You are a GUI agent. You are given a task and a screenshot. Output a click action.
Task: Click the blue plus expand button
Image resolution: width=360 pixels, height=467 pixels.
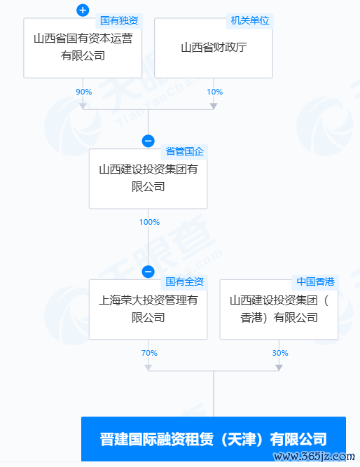point(83,11)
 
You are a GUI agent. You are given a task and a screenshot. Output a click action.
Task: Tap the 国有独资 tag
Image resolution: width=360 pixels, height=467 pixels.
point(119,20)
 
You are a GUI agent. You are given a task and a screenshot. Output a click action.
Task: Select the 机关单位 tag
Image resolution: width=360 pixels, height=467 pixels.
point(250,20)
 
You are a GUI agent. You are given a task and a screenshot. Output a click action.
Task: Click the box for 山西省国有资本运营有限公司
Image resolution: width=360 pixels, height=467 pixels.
point(83,48)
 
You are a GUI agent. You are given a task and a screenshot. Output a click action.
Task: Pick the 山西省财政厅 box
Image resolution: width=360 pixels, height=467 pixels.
point(214,48)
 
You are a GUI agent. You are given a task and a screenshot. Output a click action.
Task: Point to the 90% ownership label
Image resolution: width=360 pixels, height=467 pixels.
point(84,92)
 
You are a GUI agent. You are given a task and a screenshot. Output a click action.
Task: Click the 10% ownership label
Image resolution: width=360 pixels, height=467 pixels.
point(214,92)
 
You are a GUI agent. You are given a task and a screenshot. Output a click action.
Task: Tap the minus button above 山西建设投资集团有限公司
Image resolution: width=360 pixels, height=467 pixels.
point(148,141)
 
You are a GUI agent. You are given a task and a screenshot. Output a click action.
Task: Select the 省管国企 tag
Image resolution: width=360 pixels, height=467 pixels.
point(184,151)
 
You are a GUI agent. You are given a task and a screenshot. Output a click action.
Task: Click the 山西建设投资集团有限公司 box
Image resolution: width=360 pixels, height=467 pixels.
point(148,179)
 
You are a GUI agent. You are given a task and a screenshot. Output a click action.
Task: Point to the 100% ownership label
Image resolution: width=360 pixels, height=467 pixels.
point(149,222)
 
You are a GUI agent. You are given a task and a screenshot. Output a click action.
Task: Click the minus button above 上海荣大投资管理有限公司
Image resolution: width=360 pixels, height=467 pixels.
point(148,272)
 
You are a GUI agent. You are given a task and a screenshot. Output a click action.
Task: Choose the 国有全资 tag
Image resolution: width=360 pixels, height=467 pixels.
point(184,281)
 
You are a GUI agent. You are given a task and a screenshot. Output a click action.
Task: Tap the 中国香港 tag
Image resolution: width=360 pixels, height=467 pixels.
point(315,281)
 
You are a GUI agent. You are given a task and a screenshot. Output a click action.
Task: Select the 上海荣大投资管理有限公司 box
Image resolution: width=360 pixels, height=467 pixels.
point(148,309)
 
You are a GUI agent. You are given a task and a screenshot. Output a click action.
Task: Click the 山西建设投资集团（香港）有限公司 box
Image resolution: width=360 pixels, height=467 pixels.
point(279,309)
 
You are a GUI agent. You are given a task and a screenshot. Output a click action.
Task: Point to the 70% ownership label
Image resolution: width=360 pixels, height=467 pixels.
point(149,353)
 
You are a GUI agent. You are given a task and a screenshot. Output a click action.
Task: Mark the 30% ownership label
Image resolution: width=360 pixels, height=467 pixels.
point(280,353)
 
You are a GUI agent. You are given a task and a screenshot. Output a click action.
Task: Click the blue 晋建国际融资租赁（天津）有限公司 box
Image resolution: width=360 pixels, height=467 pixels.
point(214,439)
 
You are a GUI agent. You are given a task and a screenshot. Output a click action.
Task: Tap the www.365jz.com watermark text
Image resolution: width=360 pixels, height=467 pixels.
point(314,456)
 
